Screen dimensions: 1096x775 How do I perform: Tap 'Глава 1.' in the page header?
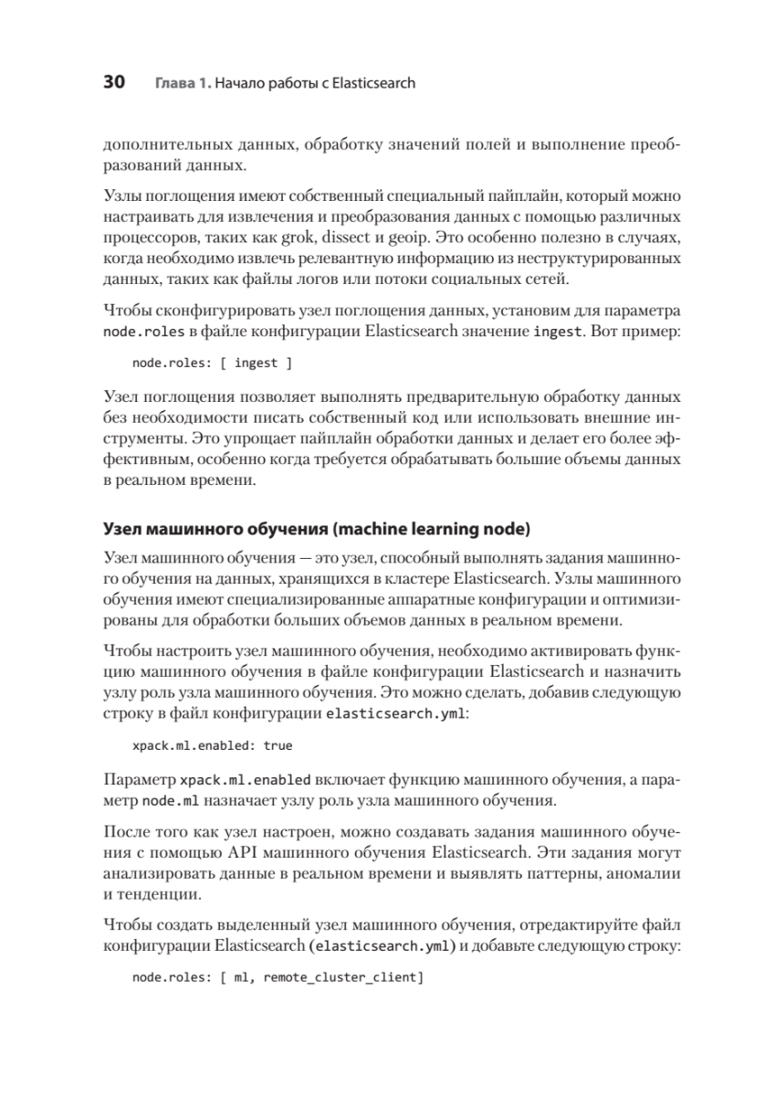point(183,84)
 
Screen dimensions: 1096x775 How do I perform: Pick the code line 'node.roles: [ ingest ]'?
point(212,363)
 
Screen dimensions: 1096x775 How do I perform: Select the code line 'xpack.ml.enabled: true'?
point(212,745)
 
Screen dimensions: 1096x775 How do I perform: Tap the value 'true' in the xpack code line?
point(278,745)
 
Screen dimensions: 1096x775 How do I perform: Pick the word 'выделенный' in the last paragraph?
point(240,925)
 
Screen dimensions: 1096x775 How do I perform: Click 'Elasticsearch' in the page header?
point(376,84)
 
